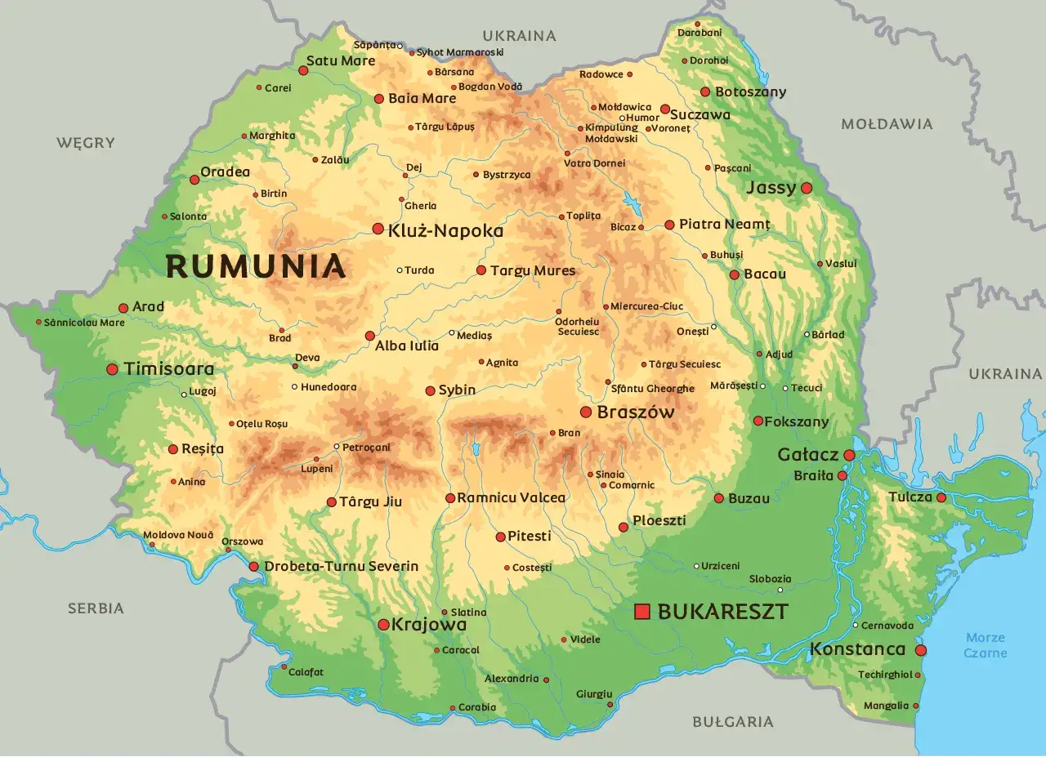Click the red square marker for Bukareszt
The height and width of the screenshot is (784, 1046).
pyautogui.click(x=642, y=611)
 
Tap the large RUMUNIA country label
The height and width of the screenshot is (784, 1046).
pyautogui.click(x=256, y=267)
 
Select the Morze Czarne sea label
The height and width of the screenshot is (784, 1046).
pyautogui.click(x=985, y=645)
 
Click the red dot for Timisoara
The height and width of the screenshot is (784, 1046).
pyautogui.click(x=113, y=369)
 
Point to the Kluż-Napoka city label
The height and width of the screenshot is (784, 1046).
pyautogui.click(x=445, y=231)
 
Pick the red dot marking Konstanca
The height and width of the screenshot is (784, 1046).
pyautogui.click(x=921, y=650)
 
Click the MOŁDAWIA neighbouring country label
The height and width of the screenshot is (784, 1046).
pyautogui.click(x=887, y=124)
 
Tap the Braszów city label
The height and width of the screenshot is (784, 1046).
pyautogui.click(x=636, y=412)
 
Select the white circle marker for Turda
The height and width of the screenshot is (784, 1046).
pyautogui.click(x=400, y=270)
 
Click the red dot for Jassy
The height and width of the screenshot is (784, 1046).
pyautogui.click(x=807, y=188)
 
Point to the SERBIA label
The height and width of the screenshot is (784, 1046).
pyautogui.click(x=96, y=608)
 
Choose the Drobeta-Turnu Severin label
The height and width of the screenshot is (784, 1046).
pyautogui.click(x=341, y=566)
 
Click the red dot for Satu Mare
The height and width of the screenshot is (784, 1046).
pyautogui.click(x=303, y=71)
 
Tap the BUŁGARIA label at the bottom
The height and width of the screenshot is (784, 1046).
pyautogui.click(x=732, y=722)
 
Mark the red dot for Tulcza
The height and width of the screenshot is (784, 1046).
pyautogui.click(x=941, y=497)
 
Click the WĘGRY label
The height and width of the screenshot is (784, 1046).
pyautogui.click(x=86, y=143)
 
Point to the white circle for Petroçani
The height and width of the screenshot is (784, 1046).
pyautogui.click(x=337, y=447)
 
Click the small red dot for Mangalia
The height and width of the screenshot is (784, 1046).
pyautogui.click(x=916, y=706)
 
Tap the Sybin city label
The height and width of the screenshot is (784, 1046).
pyautogui.click(x=457, y=390)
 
